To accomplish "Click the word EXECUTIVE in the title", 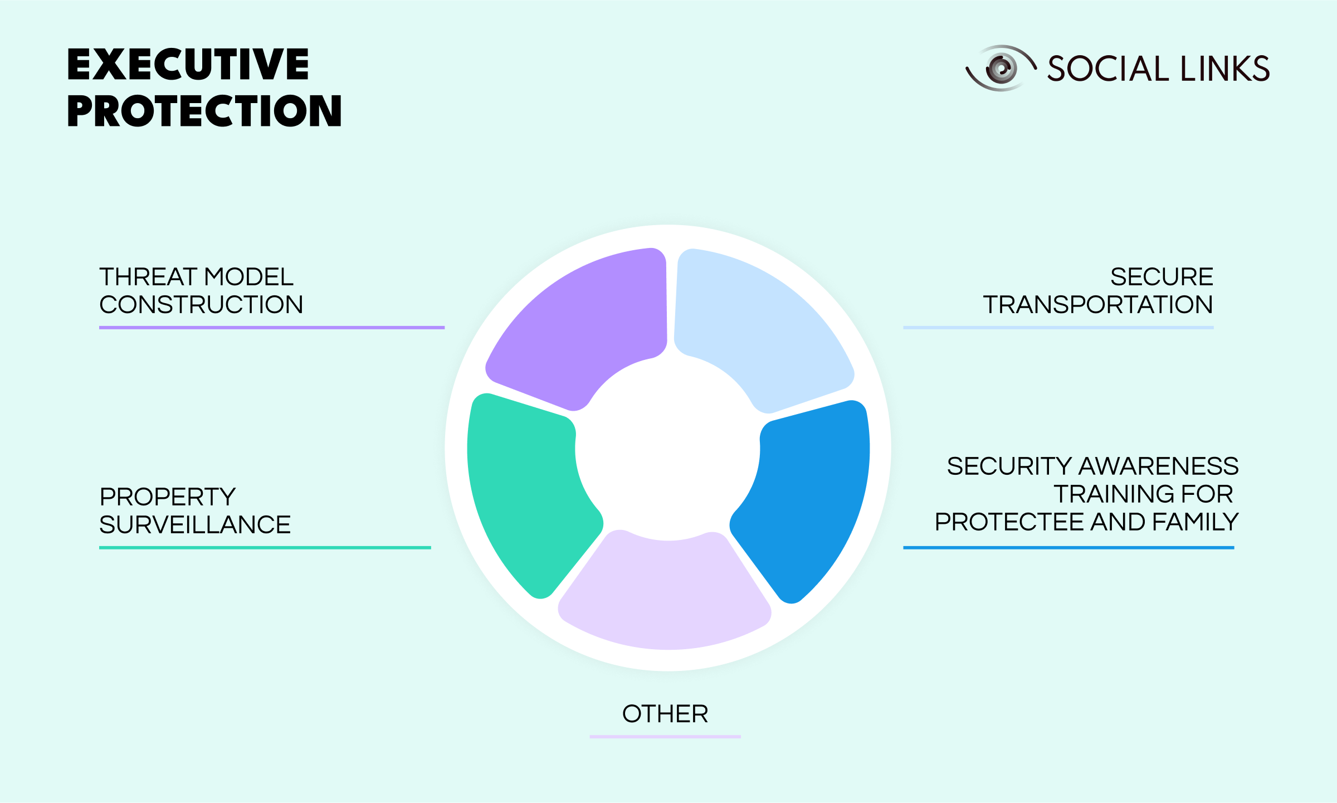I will pyautogui.click(x=188, y=65).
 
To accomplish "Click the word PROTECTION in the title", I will pyautogui.click(x=204, y=111).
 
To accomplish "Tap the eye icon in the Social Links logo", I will pyautogui.click(x=1001, y=69).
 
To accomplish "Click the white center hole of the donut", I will pyautogui.click(x=667, y=449).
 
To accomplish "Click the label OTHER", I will pyautogui.click(x=665, y=714).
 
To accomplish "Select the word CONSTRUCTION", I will pyautogui.click(x=201, y=305).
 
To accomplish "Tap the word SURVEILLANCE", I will pyautogui.click(x=195, y=525).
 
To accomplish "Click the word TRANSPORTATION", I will pyautogui.click(x=1097, y=305).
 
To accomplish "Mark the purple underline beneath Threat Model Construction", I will pyautogui.click(x=272, y=328).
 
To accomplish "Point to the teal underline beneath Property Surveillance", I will pyautogui.click(x=265, y=548).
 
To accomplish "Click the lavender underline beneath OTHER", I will pyautogui.click(x=665, y=737).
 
